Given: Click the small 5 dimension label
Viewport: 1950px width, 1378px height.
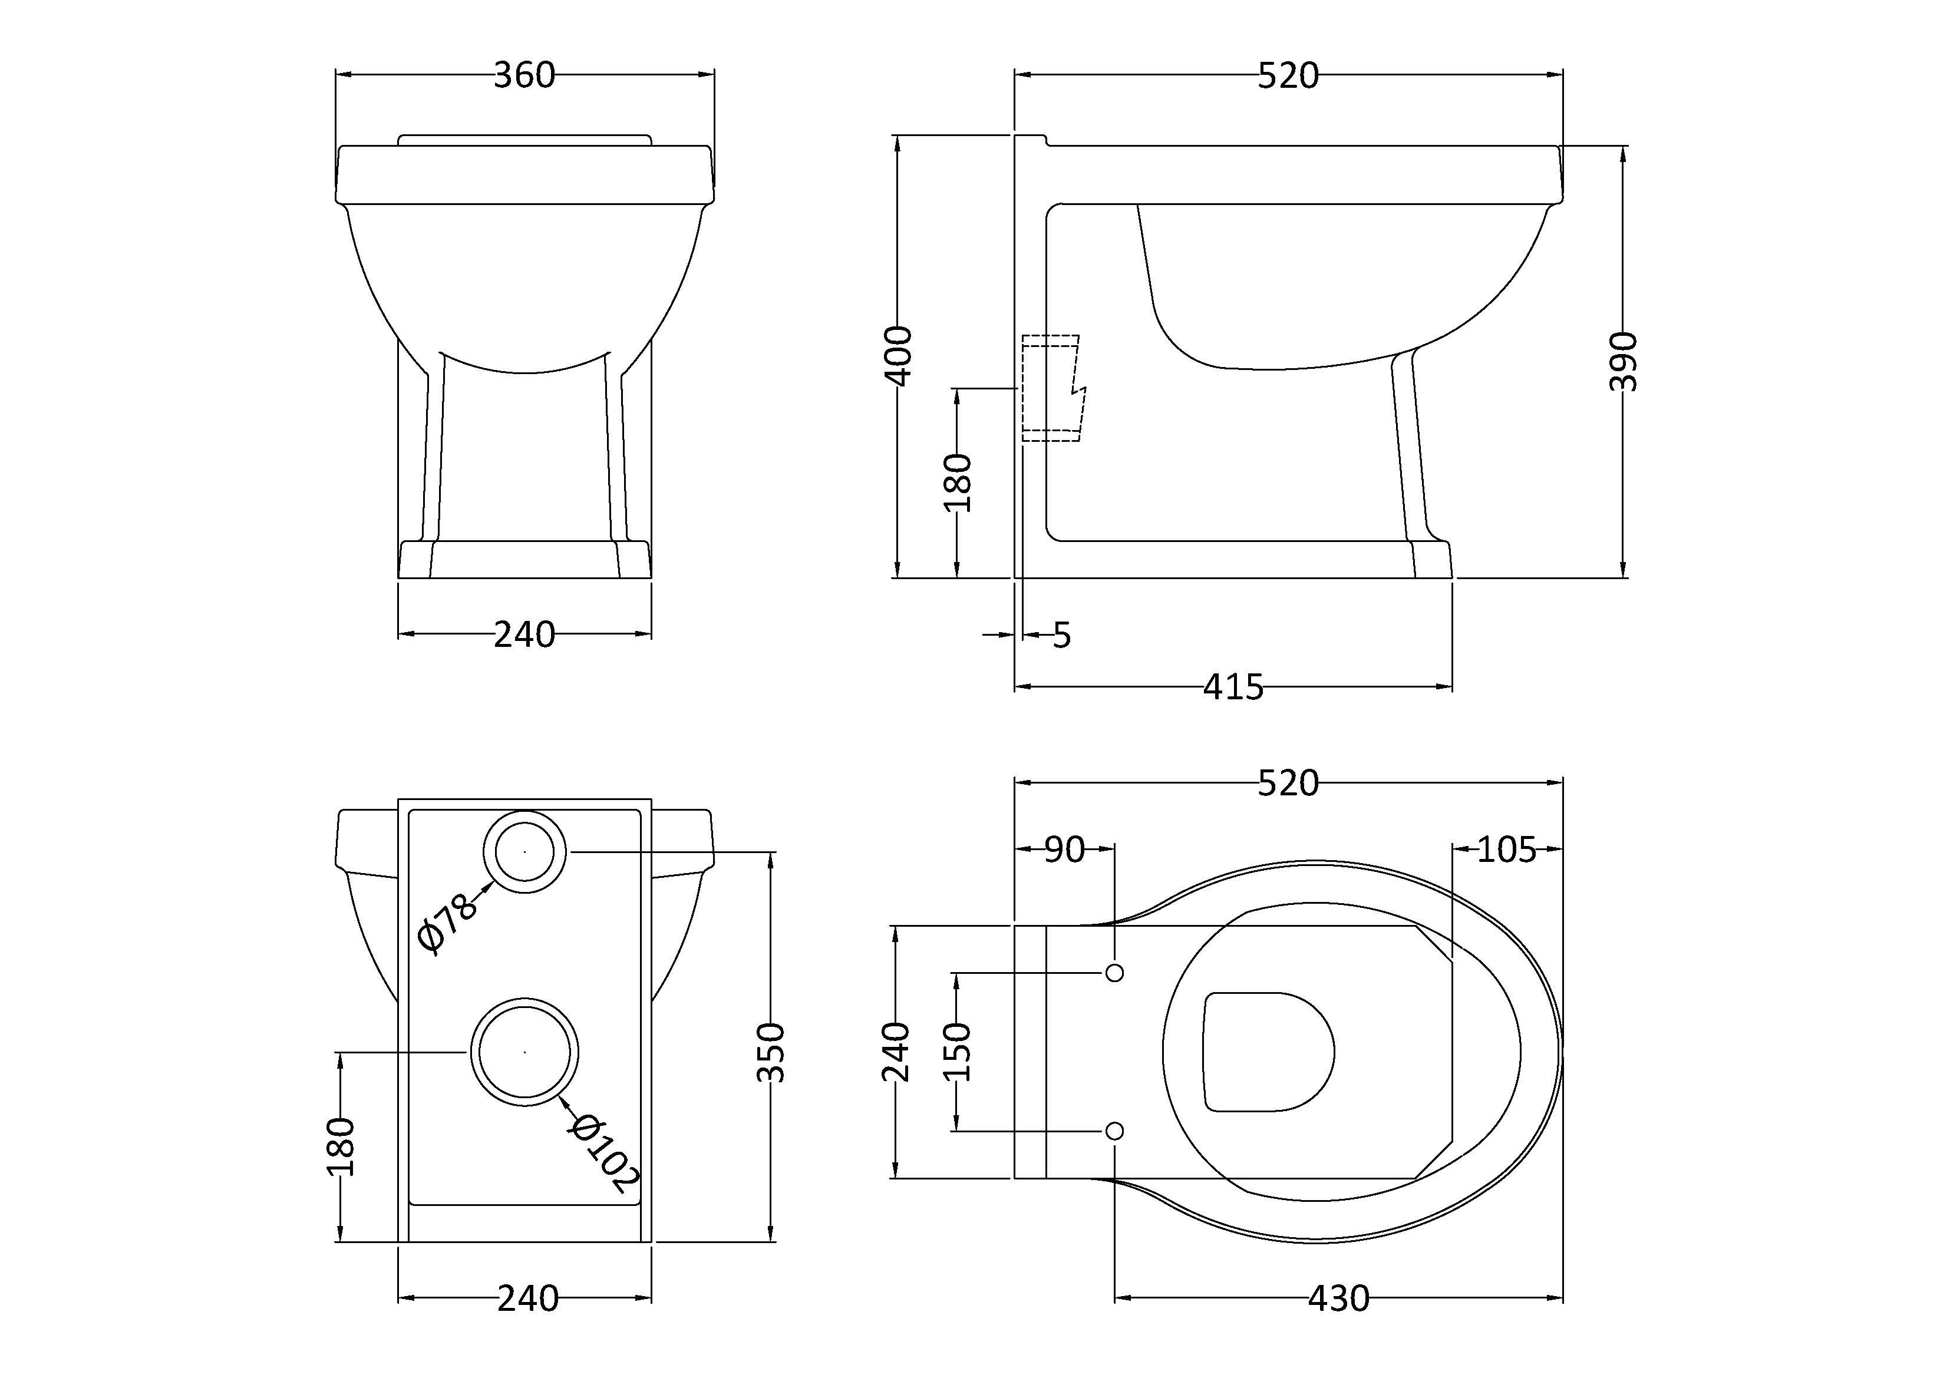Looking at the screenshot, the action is (1062, 635).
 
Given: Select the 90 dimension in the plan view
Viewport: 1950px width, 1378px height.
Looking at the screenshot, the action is (1064, 849).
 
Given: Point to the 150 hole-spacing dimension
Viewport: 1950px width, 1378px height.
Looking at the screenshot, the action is (957, 1051).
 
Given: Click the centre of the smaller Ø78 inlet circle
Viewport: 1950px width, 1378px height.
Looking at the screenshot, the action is (525, 851).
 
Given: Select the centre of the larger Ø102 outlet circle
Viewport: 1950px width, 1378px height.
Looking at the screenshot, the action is (525, 1052).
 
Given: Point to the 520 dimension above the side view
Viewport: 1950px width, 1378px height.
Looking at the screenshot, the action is (1288, 75).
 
